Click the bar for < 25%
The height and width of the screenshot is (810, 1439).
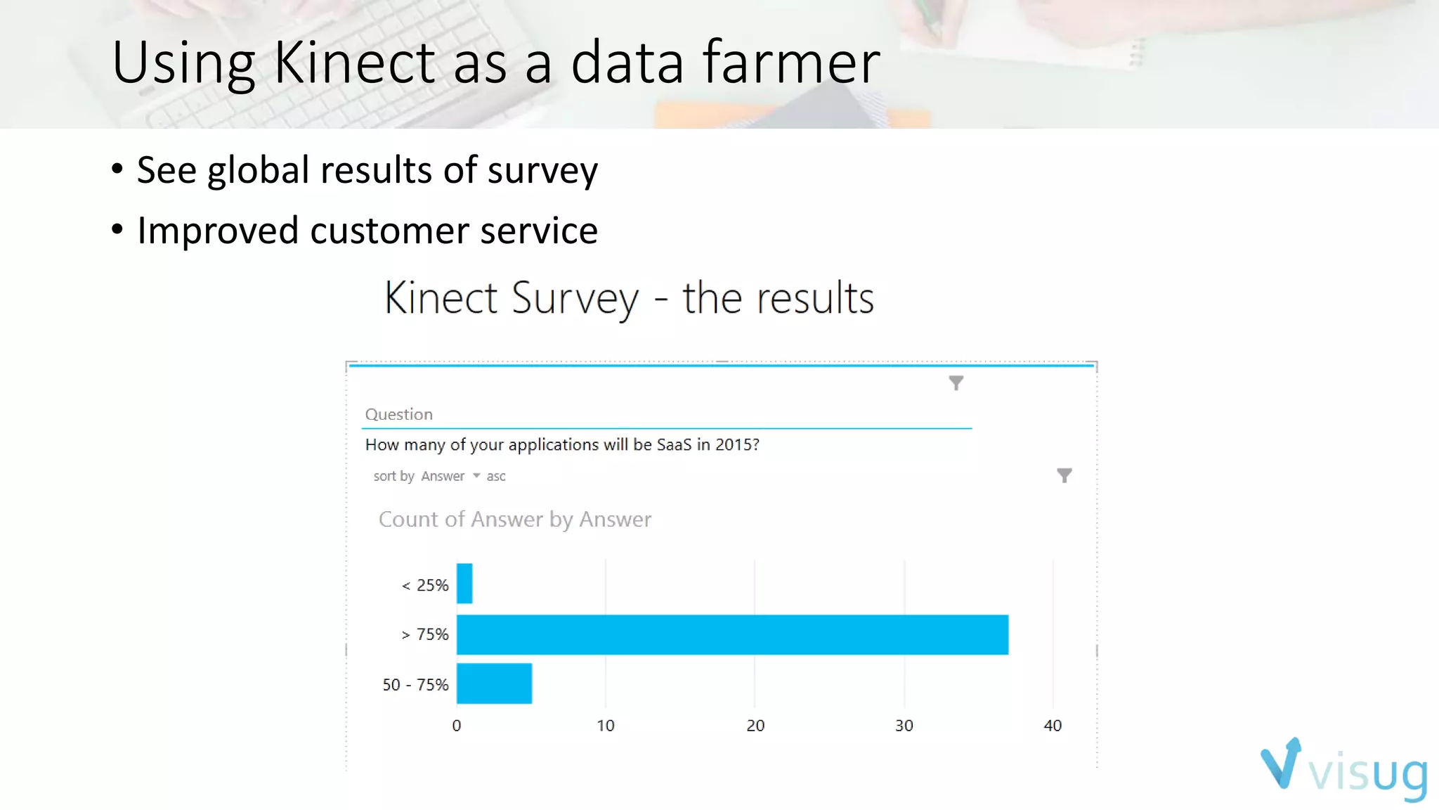pos(464,584)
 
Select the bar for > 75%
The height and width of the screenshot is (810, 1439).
pos(732,634)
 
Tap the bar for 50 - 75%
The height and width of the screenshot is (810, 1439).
pos(494,683)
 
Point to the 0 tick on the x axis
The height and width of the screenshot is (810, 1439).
pos(457,726)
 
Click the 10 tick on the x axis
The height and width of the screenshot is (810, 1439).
pos(606,726)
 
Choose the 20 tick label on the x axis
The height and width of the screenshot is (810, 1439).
pos(755,726)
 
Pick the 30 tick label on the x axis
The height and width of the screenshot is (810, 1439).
pos(904,726)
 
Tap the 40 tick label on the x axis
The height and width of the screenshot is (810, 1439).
pos(1053,726)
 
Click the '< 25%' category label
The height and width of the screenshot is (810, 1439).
pos(425,585)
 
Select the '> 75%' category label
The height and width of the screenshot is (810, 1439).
pos(425,634)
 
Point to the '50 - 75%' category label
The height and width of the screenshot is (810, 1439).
pos(415,685)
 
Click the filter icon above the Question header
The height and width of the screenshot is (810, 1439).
pos(956,382)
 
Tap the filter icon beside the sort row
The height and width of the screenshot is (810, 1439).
pos(1064,476)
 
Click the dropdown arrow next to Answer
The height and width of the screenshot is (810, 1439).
pos(476,476)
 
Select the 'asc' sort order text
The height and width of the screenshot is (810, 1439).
pos(496,477)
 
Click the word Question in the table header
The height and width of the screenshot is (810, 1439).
pos(399,414)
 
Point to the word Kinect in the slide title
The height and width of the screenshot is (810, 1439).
pos(354,63)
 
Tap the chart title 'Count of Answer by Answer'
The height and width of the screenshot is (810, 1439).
pos(515,520)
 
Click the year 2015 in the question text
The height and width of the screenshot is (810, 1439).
pos(734,444)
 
